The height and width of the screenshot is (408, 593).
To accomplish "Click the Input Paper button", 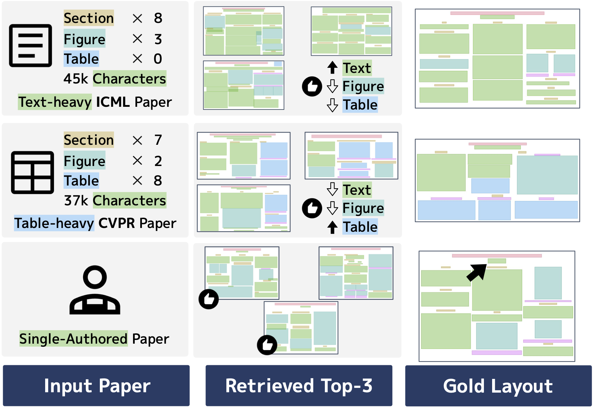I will [x=96, y=386].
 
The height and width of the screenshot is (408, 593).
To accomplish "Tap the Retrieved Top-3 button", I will [x=299, y=386].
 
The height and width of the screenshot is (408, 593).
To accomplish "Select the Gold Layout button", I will [x=498, y=386].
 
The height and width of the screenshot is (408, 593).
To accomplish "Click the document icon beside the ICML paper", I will [x=30, y=46].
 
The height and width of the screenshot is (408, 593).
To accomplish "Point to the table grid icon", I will [x=32, y=173].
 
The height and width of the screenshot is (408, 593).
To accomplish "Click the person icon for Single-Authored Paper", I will [x=95, y=290].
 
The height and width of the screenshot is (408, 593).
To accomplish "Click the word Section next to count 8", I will [x=89, y=18].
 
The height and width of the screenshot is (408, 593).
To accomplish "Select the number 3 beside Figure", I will [x=158, y=39].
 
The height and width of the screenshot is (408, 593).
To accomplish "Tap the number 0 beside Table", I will [x=158, y=59].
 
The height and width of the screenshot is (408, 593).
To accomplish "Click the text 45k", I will [x=76, y=79].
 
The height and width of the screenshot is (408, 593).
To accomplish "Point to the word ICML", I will [x=113, y=102].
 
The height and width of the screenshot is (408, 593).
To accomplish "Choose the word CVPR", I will [x=117, y=223].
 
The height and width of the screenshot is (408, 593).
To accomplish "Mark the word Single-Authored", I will [x=73, y=339].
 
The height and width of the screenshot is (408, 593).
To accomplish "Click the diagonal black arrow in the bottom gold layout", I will [x=477, y=272].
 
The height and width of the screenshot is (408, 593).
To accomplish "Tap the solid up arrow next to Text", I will [x=332, y=67].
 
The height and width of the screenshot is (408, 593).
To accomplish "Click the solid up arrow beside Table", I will [x=332, y=227].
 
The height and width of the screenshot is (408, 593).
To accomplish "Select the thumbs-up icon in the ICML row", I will [x=312, y=86].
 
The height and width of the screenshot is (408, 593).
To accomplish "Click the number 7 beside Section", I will [x=158, y=140].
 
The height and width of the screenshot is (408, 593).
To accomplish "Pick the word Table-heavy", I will [x=54, y=223].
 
